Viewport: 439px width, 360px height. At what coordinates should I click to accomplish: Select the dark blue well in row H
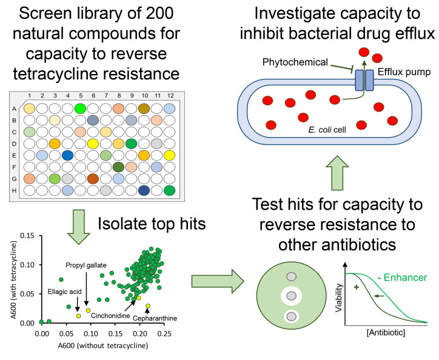(144, 190)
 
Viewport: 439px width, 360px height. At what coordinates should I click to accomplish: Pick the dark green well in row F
(118, 167)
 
